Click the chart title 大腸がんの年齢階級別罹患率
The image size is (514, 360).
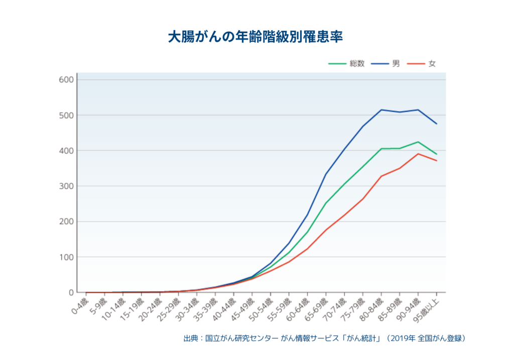pyautogui.click(x=255, y=37)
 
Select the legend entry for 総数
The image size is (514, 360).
pyautogui.click(x=346, y=64)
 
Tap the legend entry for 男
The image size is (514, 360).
pyautogui.click(x=385, y=64)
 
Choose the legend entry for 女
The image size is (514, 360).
pyautogui.click(x=422, y=64)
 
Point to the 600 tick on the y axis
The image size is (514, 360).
pyautogui.click(x=66, y=80)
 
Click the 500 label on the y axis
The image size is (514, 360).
pyautogui.click(x=66, y=115)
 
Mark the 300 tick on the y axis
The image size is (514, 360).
pyautogui.click(x=66, y=186)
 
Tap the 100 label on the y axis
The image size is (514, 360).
pyautogui.click(x=66, y=258)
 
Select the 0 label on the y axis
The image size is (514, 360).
pyautogui.click(x=71, y=292)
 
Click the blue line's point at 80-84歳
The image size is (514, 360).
pyautogui.click(x=381, y=110)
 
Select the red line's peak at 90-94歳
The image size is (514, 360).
pyautogui.click(x=418, y=154)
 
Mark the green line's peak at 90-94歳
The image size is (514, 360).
pyautogui.click(x=418, y=142)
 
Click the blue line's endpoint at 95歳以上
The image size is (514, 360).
pyautogui.click(x=437, y=124)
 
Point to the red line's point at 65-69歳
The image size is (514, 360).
pyautogui.click(x=326, y=230)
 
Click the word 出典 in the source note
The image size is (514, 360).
pyautogui.click(x=190, y=338)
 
